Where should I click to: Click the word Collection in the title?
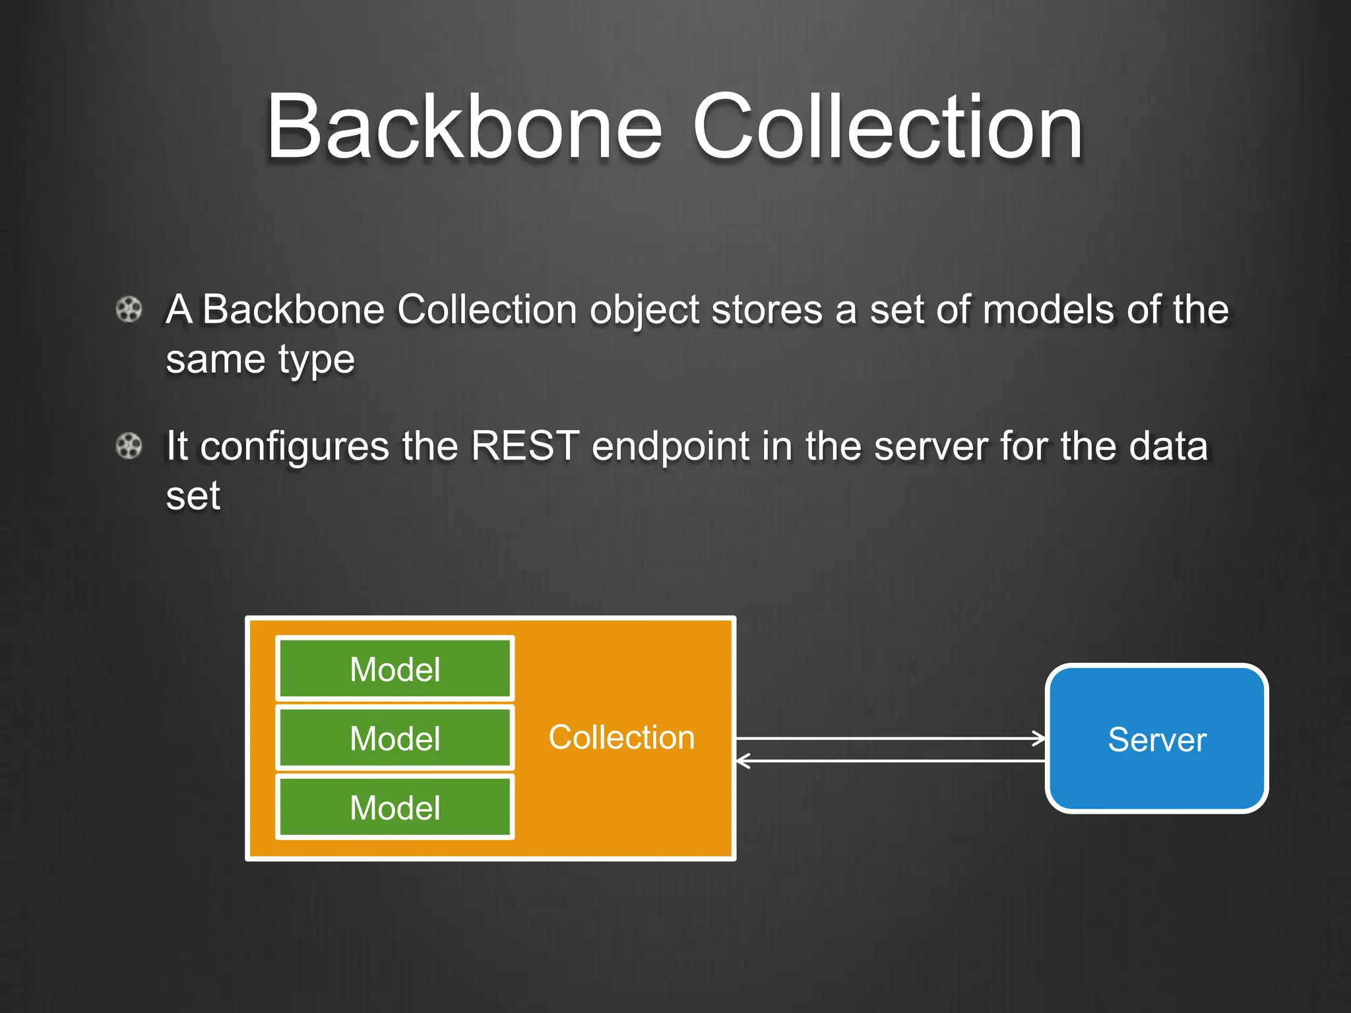coord(887,127)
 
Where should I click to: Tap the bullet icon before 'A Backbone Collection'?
coord(129,309)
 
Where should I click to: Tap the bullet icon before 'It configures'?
coord(129,446)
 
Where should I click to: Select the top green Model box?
coord(394,669)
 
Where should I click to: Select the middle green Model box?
coord(394,738)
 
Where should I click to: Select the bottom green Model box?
coord(394,807)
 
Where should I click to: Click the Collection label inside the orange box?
coord(621,737)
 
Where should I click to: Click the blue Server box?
coord(1156,739)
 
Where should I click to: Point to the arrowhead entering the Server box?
coord(1040,738)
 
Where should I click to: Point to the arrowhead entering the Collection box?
coord(743,760)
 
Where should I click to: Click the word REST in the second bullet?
coord(525,446)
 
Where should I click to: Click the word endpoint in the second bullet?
coord(670,447)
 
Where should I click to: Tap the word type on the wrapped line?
coord(316,361)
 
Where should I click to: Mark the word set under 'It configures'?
coord(193,496)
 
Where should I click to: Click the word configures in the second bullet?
coord(294,447)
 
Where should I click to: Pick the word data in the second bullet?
coord(1168,446)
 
